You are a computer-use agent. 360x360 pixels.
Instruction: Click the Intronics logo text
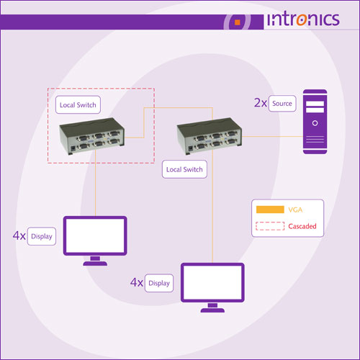(x=303, y=19)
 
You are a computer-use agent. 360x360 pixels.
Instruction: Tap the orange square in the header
(x=238, y=22)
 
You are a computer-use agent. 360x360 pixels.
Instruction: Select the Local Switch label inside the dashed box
(x=78, y=105)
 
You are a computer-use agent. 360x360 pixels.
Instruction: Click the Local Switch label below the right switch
(x=184, y=169)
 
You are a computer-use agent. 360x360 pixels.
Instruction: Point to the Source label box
(x=282, y=104)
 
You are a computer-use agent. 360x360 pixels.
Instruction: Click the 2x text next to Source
(x=261, y=103)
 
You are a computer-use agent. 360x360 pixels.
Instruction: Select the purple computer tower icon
(x=315, y=122)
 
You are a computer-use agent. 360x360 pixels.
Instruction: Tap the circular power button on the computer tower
(x=315, y=123)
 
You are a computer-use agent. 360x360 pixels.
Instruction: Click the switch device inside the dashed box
(x=92, y=136)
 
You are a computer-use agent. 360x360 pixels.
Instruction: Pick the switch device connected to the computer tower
(x=210, y=136)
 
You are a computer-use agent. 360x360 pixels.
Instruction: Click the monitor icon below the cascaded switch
(x=95, y=240)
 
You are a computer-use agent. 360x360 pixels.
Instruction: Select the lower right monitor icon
(x=212, y=287)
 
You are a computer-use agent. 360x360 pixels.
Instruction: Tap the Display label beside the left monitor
(x=42, y=236)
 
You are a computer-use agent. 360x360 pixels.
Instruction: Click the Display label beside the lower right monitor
(x=159, y=283)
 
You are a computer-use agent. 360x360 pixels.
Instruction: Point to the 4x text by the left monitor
(x=19, y=235)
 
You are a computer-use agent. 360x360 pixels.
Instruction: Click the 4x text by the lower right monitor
(x=137, y=282)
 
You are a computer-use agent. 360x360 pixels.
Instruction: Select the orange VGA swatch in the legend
(x=270, y=210)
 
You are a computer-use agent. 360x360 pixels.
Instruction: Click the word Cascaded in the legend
(x=302, y=226)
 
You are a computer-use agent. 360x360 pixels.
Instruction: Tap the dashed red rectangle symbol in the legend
(x=270, y=226)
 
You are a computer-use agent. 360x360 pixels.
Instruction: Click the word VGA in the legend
(x=295, y=210)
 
